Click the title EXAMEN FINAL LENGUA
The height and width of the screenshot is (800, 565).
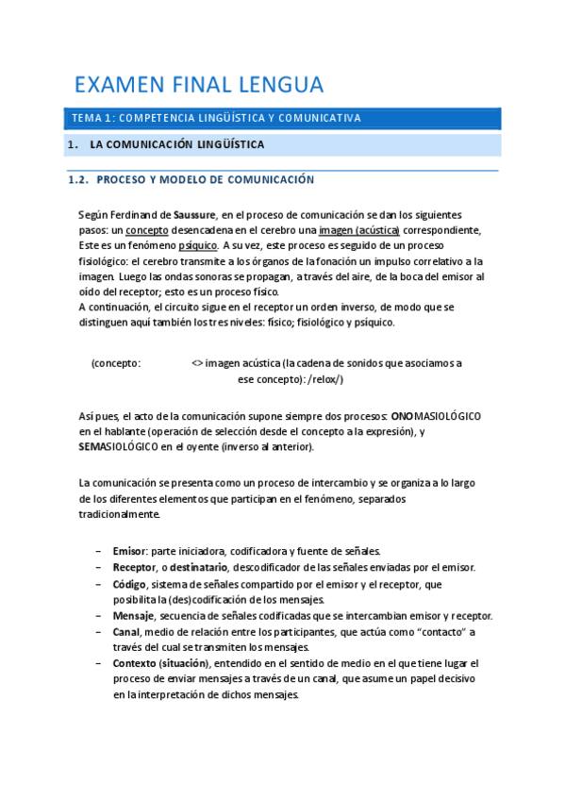tap(199, 85)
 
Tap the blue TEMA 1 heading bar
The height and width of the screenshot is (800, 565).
tap(282, 118)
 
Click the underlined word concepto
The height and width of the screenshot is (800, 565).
tap(147, 230)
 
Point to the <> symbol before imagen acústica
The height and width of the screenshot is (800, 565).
tap(195, 363)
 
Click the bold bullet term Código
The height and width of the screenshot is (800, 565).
tap(131, 584)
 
